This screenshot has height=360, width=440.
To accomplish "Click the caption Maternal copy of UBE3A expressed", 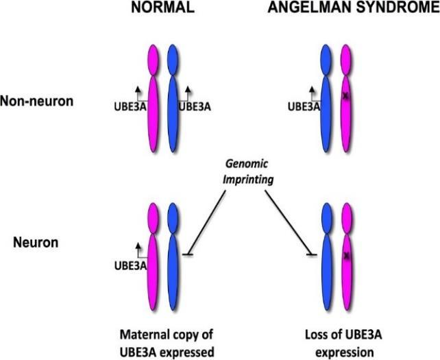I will pos(166,342).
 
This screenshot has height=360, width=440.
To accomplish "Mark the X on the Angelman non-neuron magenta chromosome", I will pos(347,97).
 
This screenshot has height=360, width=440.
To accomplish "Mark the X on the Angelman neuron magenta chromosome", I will pos(347,256).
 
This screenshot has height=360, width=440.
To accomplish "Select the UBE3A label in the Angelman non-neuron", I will pos(302,107).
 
